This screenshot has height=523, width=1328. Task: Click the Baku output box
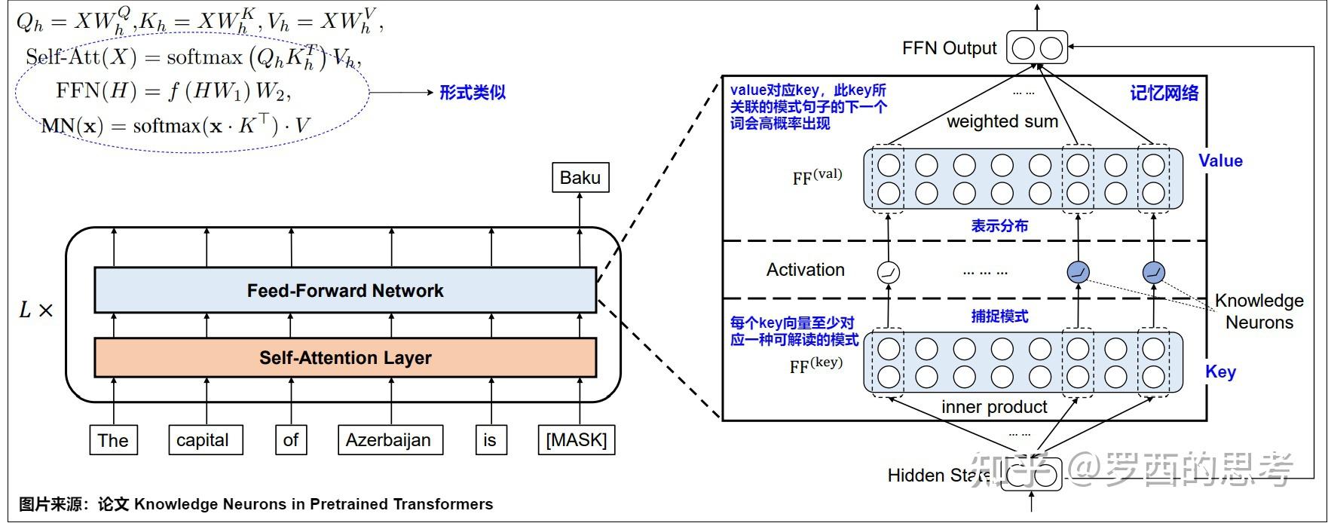click(x=580, y=178)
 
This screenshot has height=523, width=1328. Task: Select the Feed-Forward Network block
click(x=345, y=290)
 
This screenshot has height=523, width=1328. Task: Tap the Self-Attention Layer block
click(x=345, y=357)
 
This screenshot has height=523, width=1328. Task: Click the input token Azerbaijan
click(x=390, y=440)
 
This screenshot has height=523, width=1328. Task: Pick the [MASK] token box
click(x=577, y=440)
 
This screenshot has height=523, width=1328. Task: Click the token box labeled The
click(x=114, y=440)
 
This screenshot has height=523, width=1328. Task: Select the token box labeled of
click(x=291, y=440)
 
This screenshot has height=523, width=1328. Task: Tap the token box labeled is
click(x=491, y=440)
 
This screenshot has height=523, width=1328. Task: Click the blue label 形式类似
click(x=473, y=93)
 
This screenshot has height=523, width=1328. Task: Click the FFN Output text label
click(x=949, y=49)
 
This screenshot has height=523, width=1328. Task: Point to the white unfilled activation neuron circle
click(x=889, y=271)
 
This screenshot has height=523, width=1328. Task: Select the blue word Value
click(x=1220, y=161)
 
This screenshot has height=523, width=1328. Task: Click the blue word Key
click(x=1220, y=372)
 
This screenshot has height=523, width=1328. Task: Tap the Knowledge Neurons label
click(x=1259, y=311)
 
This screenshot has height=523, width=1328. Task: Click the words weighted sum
click(x=1002, y=121)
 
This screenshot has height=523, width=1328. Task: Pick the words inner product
click(x=994, y=407)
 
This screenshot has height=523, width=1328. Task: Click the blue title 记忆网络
click(x=1164, y=93)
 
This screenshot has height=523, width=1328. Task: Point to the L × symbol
click(x=35, y=310)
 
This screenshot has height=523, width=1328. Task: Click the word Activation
click(x=805, y=270)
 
